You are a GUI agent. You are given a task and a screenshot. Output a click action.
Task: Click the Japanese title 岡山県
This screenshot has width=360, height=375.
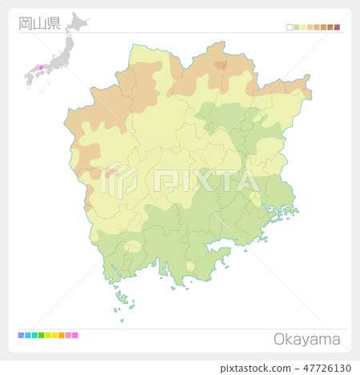coord(39,22)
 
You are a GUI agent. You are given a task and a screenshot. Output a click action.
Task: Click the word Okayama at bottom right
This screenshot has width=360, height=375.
coord(307,339)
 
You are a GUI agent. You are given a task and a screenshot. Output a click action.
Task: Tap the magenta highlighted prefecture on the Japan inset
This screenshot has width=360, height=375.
coord(40,67)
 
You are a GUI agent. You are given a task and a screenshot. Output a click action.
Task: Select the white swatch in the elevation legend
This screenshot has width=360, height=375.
coord(290,27)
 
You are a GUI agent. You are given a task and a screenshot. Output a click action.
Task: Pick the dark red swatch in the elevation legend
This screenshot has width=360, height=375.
coord(337,27)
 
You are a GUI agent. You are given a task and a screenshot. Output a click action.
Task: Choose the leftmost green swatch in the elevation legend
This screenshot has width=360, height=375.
coord(296,27)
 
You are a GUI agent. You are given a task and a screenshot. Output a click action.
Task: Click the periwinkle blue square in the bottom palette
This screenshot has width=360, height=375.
coord(21,335)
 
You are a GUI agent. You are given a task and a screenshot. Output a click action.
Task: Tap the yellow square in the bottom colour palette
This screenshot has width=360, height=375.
coord(54,335)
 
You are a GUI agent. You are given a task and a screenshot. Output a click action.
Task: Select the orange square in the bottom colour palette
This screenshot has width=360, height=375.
coord(62,335)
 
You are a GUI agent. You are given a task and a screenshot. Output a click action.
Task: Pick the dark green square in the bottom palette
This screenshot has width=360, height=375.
coord(41,335)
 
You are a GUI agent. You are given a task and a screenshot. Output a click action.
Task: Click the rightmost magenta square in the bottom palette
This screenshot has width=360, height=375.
coord(75,335)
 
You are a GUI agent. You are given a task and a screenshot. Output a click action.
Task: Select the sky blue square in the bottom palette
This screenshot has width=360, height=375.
coord(27,335)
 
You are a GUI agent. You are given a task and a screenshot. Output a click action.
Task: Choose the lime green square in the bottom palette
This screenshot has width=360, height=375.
coord(48,335)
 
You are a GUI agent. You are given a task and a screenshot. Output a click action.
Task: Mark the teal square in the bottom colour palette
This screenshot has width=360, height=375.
coord(34,335)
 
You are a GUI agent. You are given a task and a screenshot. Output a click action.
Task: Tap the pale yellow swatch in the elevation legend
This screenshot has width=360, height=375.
coord(303,27)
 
